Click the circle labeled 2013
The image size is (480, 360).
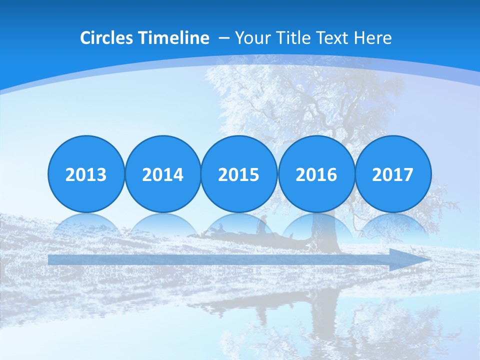pyautogui.click(x=86, y=174)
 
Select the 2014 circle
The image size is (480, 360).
pyautogui.click(x=162, y=174)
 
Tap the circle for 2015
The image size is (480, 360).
pyautogui.click(x=239, y=174)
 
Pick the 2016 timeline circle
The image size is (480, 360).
pyautogui.click(x=316, y=174)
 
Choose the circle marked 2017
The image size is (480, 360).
pyautogui.click(x=393, y=174)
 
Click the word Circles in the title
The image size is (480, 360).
pyautogui.click(x=106, y=38)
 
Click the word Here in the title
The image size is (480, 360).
pyautogui.click(x=373, y=38)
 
